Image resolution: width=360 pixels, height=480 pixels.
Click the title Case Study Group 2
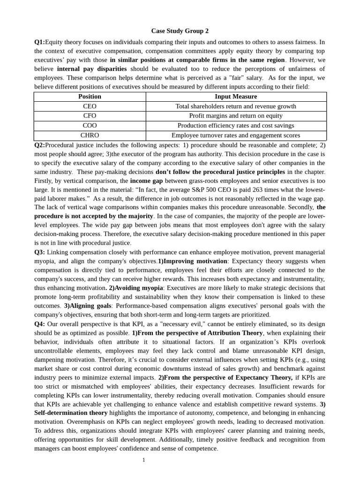(180, 31)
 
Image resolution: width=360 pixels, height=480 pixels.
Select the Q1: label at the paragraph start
(39, 42)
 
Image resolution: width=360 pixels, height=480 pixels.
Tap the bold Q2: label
(39, 145)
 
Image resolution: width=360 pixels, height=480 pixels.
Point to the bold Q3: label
(39, 252)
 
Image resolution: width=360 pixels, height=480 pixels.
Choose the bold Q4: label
(39, 324)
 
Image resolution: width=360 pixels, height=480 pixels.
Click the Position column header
(90, 97)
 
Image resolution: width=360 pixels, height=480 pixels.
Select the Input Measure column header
(236, 97)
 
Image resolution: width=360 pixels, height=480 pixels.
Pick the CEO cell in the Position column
(90, 106)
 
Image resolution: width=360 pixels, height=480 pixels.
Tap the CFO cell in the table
(90, 116)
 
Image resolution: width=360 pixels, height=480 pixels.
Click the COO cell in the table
(90, 126)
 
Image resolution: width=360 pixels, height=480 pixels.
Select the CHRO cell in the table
(90, 135)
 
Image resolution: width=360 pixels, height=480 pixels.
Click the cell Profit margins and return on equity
(236, 116)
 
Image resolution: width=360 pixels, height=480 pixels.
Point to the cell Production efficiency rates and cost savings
(236, 126)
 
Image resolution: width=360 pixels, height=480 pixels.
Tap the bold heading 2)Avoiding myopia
(136, 288)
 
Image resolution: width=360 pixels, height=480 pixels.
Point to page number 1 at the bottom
(144, 460)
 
